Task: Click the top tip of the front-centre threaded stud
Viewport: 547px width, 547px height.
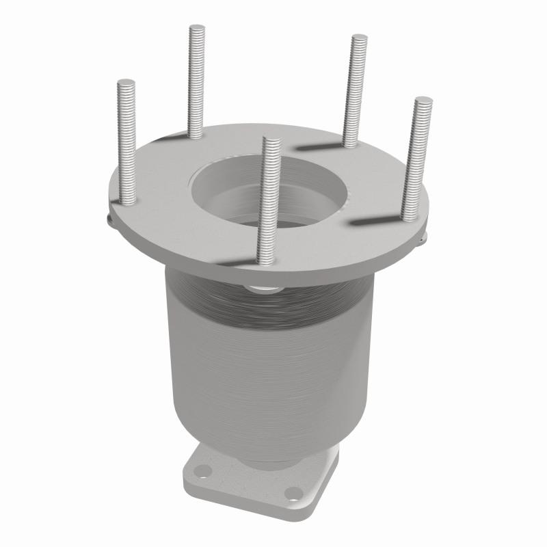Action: click(271, 142)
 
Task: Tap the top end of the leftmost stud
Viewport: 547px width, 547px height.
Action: click(126, 83)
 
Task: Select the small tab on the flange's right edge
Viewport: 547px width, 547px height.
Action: click(423, 236)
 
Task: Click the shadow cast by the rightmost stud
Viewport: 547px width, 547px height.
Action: click(373, 223)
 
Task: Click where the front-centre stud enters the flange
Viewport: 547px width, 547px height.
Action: click(265, 260)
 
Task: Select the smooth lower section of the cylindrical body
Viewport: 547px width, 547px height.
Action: click(260, 397)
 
